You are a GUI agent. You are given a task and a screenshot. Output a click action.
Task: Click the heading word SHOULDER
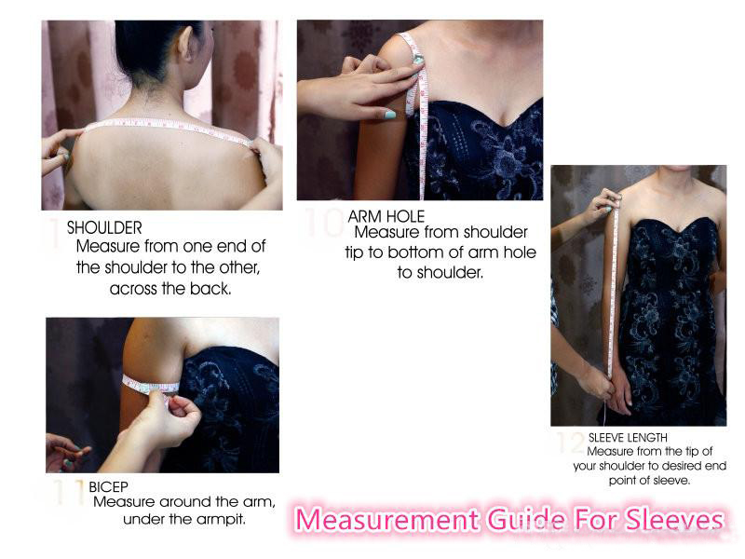click(x=104, y=227)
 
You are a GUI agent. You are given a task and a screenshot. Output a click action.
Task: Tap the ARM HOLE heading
click(x=386, y=216)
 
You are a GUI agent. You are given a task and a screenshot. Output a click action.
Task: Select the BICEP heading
click(x=108, y=486)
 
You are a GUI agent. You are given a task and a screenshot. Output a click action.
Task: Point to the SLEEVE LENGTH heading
click(x=628, y=437)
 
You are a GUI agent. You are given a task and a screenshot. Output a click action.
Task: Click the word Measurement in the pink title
click(x=387, y=519)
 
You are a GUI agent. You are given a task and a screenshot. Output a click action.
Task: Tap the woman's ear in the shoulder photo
click(x=184, y=43)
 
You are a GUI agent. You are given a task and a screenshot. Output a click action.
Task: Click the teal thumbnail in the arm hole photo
click(x=389, y=114)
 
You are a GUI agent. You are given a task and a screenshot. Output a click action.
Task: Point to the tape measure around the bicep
click(x=150, y=385)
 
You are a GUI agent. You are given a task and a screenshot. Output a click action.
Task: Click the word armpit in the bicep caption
click(x=224, y=519)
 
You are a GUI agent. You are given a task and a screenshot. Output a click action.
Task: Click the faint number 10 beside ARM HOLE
click(x=324, y=222)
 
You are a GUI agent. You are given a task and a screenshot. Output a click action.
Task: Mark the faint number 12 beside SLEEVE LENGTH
click(x=572, y=443)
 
